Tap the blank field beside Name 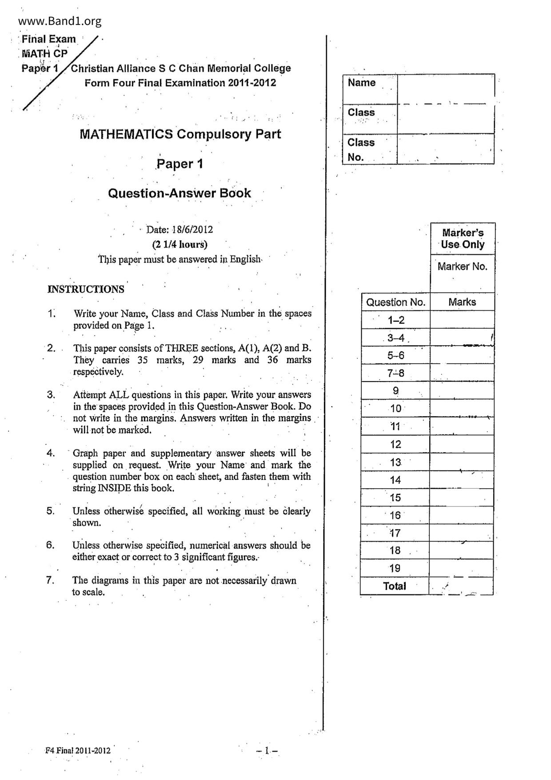[446, 89]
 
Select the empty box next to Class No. [446, 149]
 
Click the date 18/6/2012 [193, 229]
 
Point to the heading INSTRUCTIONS [86, 289]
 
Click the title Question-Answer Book [180, 193]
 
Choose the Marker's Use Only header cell [463, 239]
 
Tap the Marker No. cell [463, 267]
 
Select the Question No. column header [395, 302]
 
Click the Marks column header [462, 302]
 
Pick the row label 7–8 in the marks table [395, 373]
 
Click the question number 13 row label [395, 462]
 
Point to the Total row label [395, 586]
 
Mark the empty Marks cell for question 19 [462, 568]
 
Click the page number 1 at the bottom [267, 751]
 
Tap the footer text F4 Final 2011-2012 [78, 751]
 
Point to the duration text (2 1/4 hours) [180, 244]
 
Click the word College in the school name [273, 68]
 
